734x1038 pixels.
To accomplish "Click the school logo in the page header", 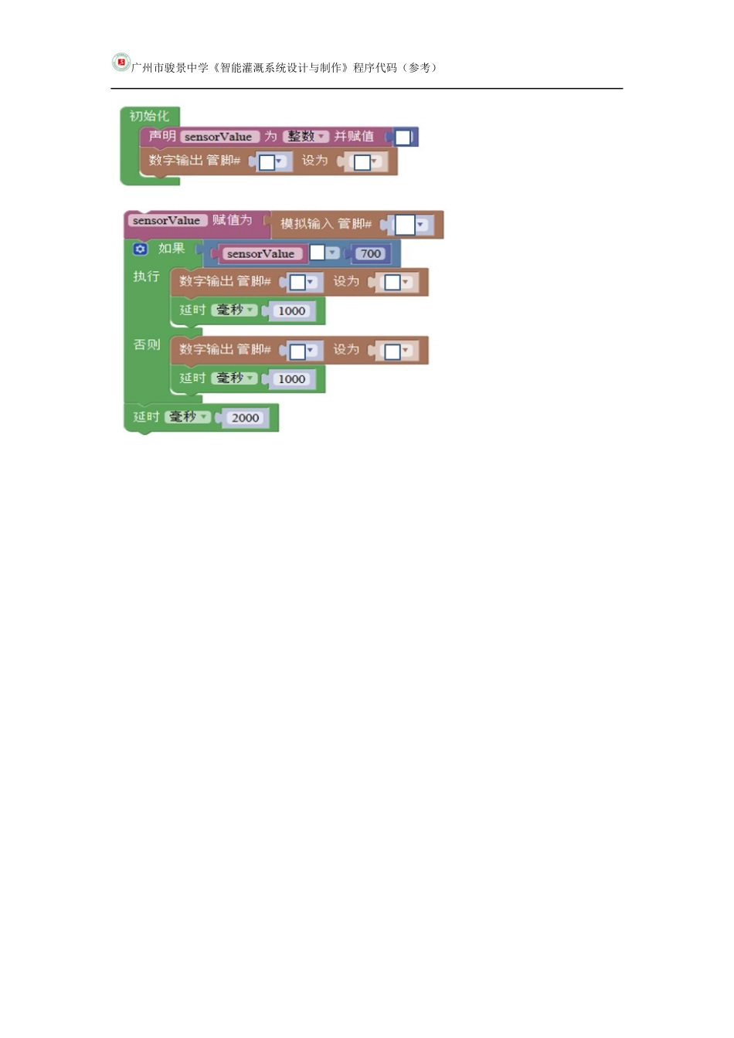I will click(121, 63).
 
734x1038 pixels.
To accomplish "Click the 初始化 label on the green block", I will click(148, 116).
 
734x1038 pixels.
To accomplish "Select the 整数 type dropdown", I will click(306, 137).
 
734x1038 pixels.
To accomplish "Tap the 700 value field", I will click(371, 253).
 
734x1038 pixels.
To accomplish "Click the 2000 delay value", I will click(245, 418).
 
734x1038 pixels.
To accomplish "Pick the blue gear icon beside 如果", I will click(140, 249).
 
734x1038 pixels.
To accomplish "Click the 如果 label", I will click(172, 249).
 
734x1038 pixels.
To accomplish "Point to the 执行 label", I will click(146, 276).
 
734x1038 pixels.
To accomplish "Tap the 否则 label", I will click(146, 344).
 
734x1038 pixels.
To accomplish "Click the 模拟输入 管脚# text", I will click(325, 224).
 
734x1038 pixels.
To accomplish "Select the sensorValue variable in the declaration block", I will click(218, 137).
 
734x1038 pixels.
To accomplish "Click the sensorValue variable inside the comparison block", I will click(260, 253).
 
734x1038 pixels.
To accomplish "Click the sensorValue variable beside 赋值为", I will click(166, 221).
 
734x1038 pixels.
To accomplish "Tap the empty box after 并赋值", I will click(403, 137).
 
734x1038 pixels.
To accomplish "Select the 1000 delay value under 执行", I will click(291, 310).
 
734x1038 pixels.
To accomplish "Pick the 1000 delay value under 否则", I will click(291, 378).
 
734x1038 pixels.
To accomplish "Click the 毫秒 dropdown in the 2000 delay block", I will click(188, 417).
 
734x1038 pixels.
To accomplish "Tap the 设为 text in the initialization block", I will click(314, 161).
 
